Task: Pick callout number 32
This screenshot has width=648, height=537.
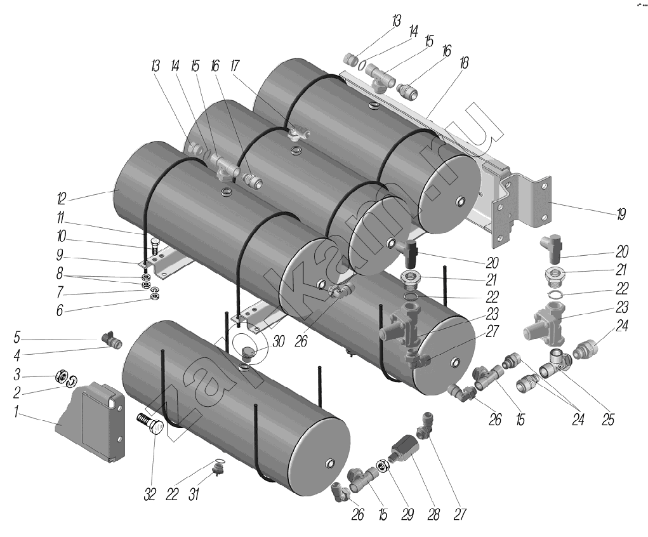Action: coord(150,495)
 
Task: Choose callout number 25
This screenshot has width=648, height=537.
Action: coord(608,420)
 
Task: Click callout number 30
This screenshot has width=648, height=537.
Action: coord(277,341)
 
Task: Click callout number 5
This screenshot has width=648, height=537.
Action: coord(17,336)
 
